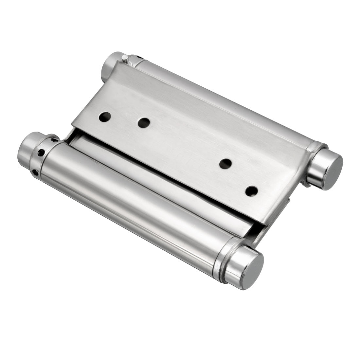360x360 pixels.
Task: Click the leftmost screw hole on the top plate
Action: coord(105,117)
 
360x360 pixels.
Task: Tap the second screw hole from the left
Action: coord(144,123)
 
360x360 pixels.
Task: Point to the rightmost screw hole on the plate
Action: coord(251,191)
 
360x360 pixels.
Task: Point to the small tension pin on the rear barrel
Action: coord(125,58)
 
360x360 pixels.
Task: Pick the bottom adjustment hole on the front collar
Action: coord(36,171)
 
